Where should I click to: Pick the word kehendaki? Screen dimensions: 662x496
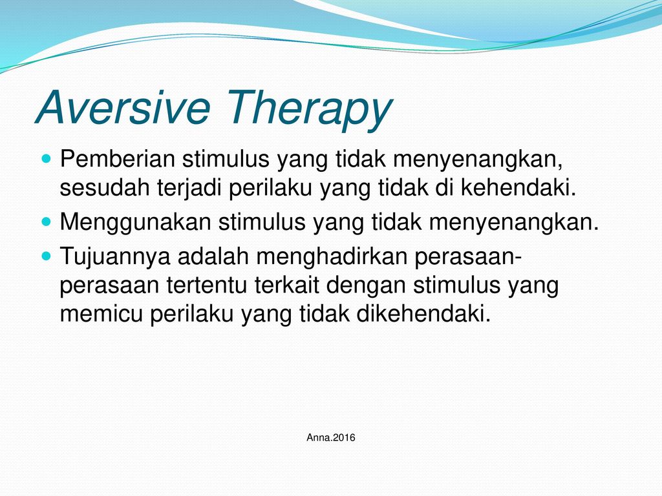[518, 188]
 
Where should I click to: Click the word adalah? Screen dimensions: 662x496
[213, 256]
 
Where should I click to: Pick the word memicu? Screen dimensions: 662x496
[101, 314]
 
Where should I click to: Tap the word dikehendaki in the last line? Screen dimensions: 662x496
[423, 313]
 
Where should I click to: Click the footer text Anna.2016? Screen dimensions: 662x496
[331, 437]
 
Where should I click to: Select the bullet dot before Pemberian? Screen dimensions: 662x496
[47, 159]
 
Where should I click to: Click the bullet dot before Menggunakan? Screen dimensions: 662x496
[47, 222]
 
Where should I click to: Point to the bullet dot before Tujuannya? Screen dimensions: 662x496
[47, 256]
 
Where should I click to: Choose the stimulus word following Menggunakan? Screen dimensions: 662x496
[262, 222]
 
